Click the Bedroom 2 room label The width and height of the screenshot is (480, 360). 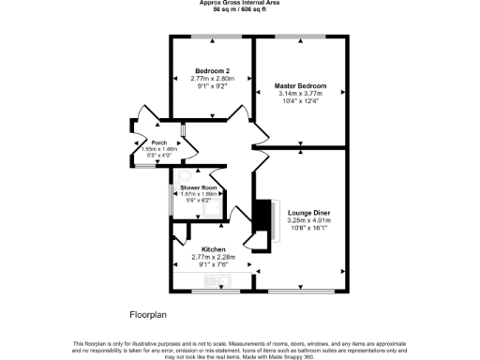(212, 71)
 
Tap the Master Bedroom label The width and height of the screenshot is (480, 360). (300, 86)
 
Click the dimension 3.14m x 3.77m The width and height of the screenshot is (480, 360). (300, 94)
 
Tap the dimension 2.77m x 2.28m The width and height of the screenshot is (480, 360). (211, 257)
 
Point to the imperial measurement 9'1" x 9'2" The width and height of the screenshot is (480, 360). (212, 86)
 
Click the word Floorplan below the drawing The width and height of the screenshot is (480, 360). (147, 311)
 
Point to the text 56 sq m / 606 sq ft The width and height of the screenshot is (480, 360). (239, 8)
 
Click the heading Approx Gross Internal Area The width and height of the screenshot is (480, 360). (239, 3)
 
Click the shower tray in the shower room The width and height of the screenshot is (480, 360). (215, 206)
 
